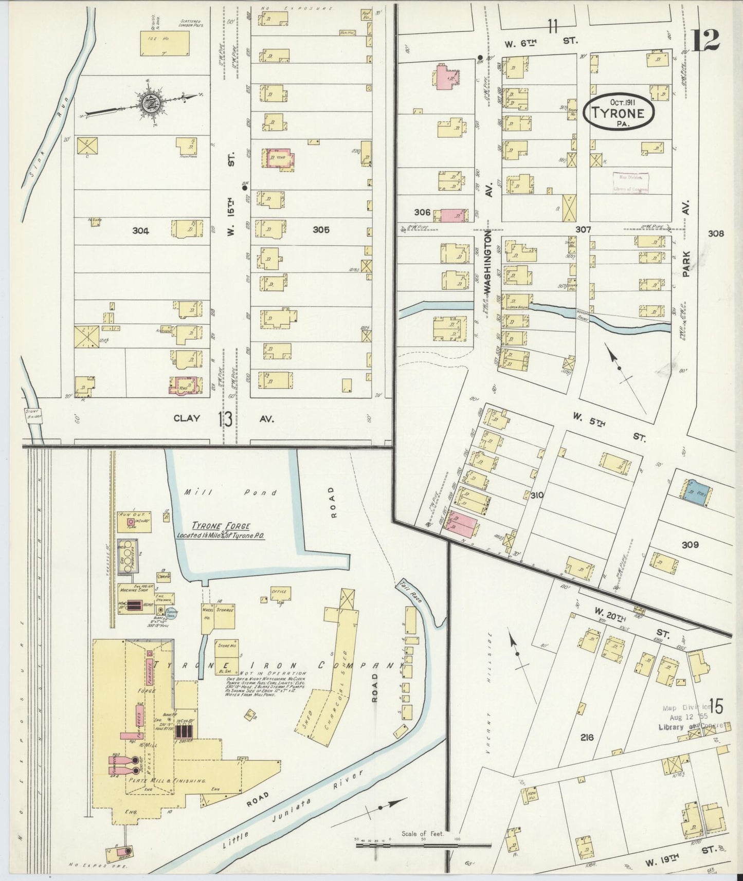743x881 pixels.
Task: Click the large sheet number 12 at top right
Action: pyautogui.click(x=705, y=40)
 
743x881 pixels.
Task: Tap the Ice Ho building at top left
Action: pyautogui.click(x=165, y=43)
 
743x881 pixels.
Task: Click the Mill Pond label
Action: pyautogui.click(x=230, y=492)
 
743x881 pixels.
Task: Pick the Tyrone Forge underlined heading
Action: pyautogui.click(x=221, y=526)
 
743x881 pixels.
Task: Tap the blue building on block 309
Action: pyautogui.click(x=697, y=490)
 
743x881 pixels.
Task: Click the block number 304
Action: pyautogui.click(x=140, y=231)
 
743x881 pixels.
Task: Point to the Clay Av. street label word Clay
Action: pyautogui.click(x=186, y=418)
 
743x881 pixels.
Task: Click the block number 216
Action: pyautogui.click(x=586, y=737)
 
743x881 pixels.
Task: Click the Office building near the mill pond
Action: pyautogui.click(x=280, y=593)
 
